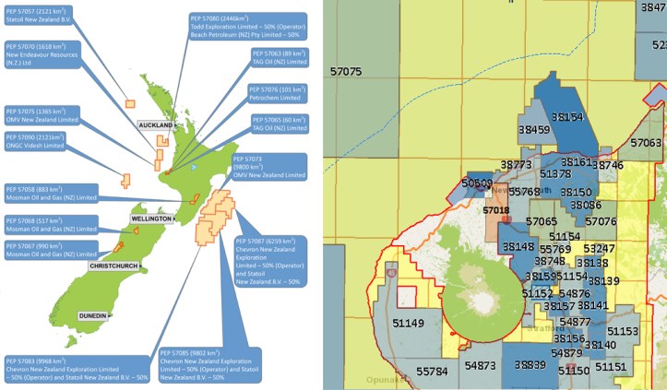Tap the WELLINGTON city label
(x=147, y=219)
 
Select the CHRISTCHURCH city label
(x=113, y=266)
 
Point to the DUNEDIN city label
(x=93, y=314)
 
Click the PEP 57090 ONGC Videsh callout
(x=41, y=139)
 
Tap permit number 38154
(x=567, y=118)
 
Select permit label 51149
(x=407, y=323)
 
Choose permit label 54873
(x=481, y=366)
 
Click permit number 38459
(x=534, y=131)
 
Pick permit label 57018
(x=496, y=210)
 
